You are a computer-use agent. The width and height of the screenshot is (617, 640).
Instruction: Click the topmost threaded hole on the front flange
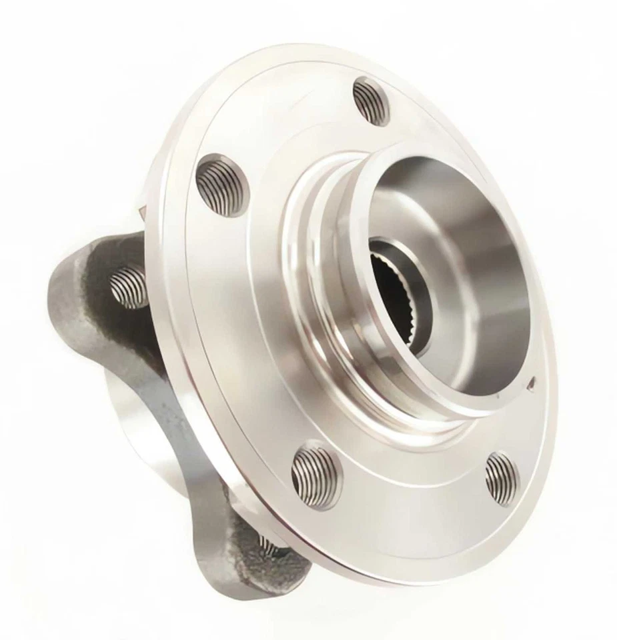371,101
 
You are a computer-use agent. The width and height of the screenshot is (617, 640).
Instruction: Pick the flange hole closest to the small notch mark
502,478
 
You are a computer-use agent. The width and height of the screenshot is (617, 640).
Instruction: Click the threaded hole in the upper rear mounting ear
128,286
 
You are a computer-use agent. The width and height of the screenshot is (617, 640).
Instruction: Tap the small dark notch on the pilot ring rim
531,383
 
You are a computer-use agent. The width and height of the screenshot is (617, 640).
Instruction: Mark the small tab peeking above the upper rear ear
141,212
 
